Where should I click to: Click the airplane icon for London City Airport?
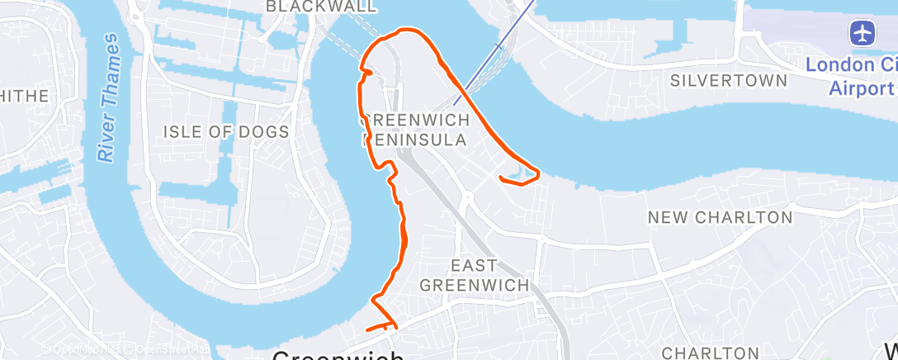coord(863,34)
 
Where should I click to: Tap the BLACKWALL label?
coord(321,7)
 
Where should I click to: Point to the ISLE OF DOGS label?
coord(226,132)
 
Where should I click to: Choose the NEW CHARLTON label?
coord(720,218)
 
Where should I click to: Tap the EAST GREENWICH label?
coord(474,275)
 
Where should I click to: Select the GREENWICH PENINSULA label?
coord(417,130)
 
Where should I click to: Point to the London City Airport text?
coord(851,76)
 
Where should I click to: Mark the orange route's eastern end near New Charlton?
coord(501,177)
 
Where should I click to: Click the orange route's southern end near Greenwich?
coord(367,329)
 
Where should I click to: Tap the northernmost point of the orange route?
coord(404,31)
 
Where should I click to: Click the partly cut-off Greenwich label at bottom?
coord(338,356)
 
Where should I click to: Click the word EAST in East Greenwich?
coord(475,266)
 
